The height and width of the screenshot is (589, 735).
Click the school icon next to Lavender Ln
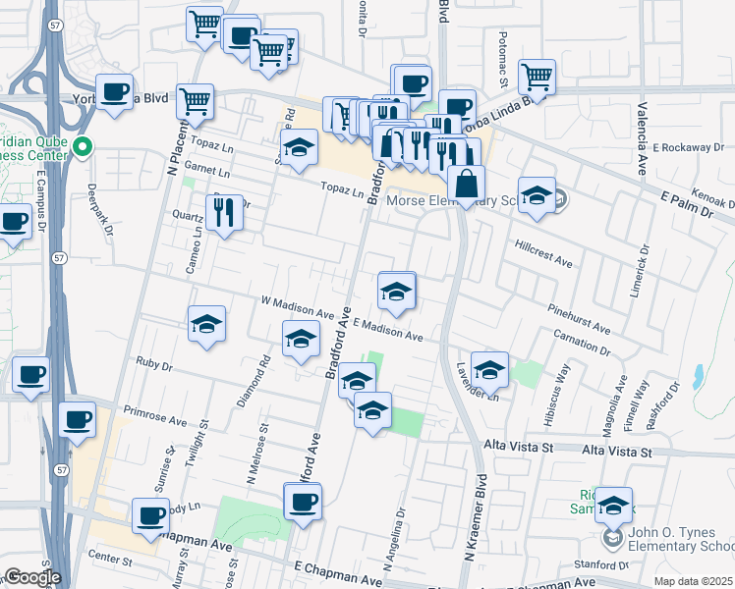[488, 369]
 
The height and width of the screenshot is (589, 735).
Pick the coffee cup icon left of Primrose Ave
[77, 420]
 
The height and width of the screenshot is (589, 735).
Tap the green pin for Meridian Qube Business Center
[84, 148]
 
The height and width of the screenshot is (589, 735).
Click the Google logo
[31, 577]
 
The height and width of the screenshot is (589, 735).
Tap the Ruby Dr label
[154, 366]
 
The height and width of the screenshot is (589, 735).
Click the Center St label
[109, 562]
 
